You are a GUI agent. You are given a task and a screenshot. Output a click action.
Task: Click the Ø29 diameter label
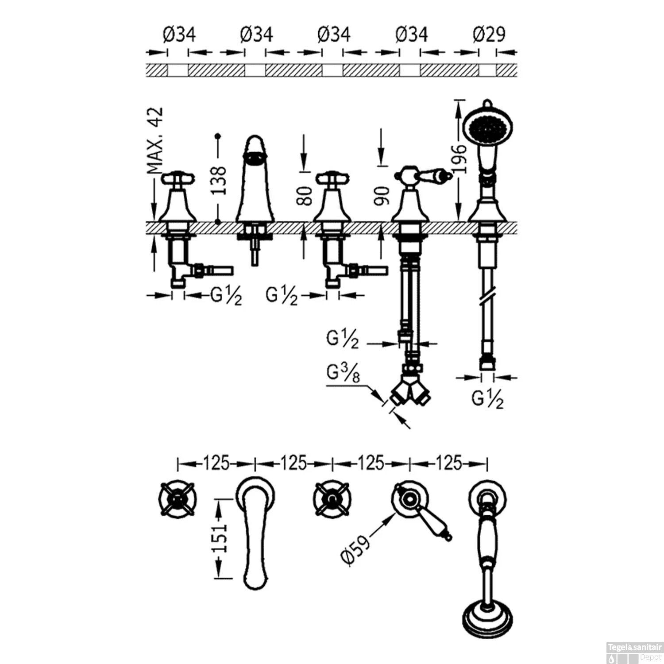(489, 34)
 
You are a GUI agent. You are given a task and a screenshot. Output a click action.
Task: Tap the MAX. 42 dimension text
(155, 140)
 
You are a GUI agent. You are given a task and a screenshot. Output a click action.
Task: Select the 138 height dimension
(218, 180)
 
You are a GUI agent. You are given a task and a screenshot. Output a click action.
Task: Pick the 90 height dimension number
(382, 196)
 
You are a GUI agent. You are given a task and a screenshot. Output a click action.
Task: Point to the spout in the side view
(255, 179)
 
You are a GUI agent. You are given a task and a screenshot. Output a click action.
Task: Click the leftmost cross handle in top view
(178, 499)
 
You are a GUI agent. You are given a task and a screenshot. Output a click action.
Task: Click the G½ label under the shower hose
(487, 399)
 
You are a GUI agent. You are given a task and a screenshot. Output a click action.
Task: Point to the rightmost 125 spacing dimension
(448, 463)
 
